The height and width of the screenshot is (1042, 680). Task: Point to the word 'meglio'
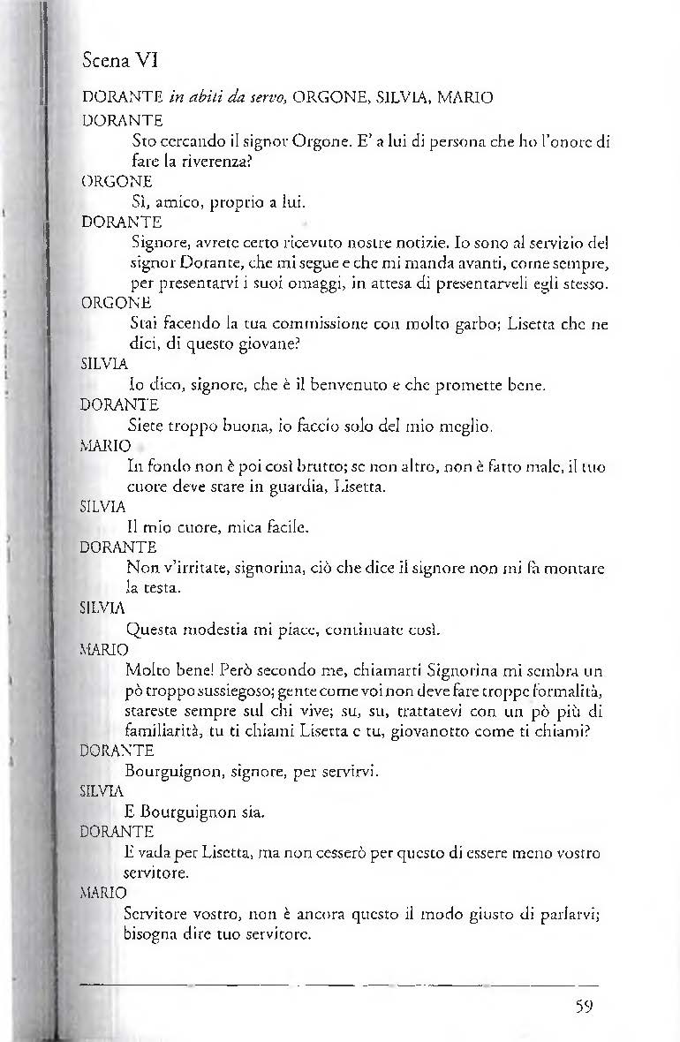click(x=456, y=426)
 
